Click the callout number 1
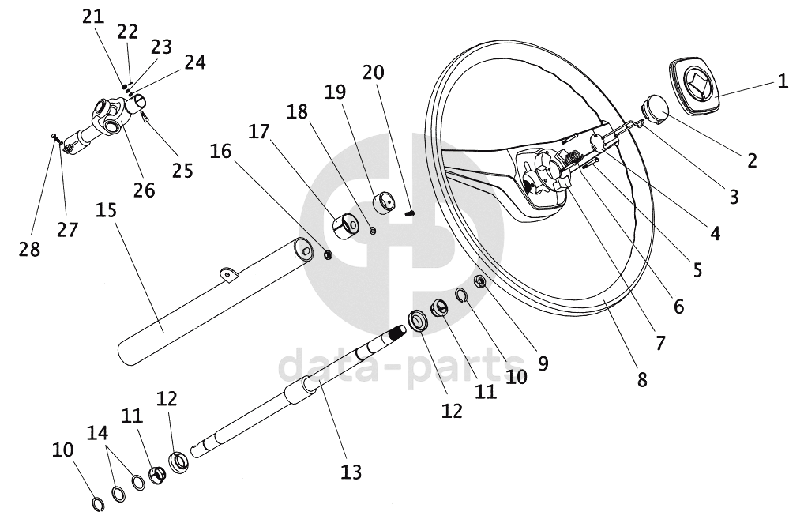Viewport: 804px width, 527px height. click(783, 81)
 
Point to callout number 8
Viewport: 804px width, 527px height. click(642, 380)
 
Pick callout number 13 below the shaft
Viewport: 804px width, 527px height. click(351, 472)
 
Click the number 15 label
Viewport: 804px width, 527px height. click(106, 210)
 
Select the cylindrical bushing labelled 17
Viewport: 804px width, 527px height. click(346, 226)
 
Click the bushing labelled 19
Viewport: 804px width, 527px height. click(385, 202)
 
